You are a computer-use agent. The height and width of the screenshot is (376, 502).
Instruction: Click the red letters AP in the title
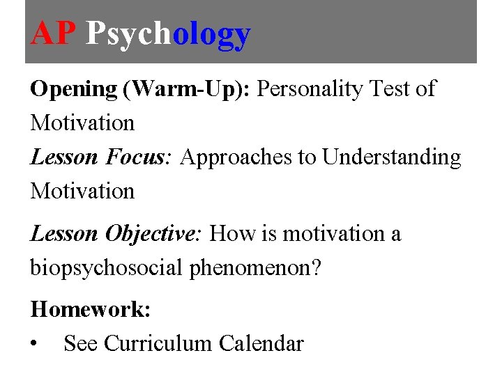53,33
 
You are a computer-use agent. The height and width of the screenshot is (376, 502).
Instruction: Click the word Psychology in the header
167,33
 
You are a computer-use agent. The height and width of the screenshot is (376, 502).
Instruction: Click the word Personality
316,89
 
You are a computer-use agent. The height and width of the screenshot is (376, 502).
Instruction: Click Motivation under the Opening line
82,123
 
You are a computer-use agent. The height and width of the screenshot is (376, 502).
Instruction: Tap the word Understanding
391,157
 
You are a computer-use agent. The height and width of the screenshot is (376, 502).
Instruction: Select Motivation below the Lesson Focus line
82,191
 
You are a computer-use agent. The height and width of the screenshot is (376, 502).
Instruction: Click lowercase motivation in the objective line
335,233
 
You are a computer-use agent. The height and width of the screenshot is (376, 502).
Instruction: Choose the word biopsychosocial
107,267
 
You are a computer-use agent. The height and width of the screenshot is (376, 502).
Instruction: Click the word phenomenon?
256,267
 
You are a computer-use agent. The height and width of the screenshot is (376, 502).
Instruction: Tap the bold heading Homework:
90,309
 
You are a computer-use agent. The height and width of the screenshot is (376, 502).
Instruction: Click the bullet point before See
35,344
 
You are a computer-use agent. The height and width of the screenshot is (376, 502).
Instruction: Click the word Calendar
261,343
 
